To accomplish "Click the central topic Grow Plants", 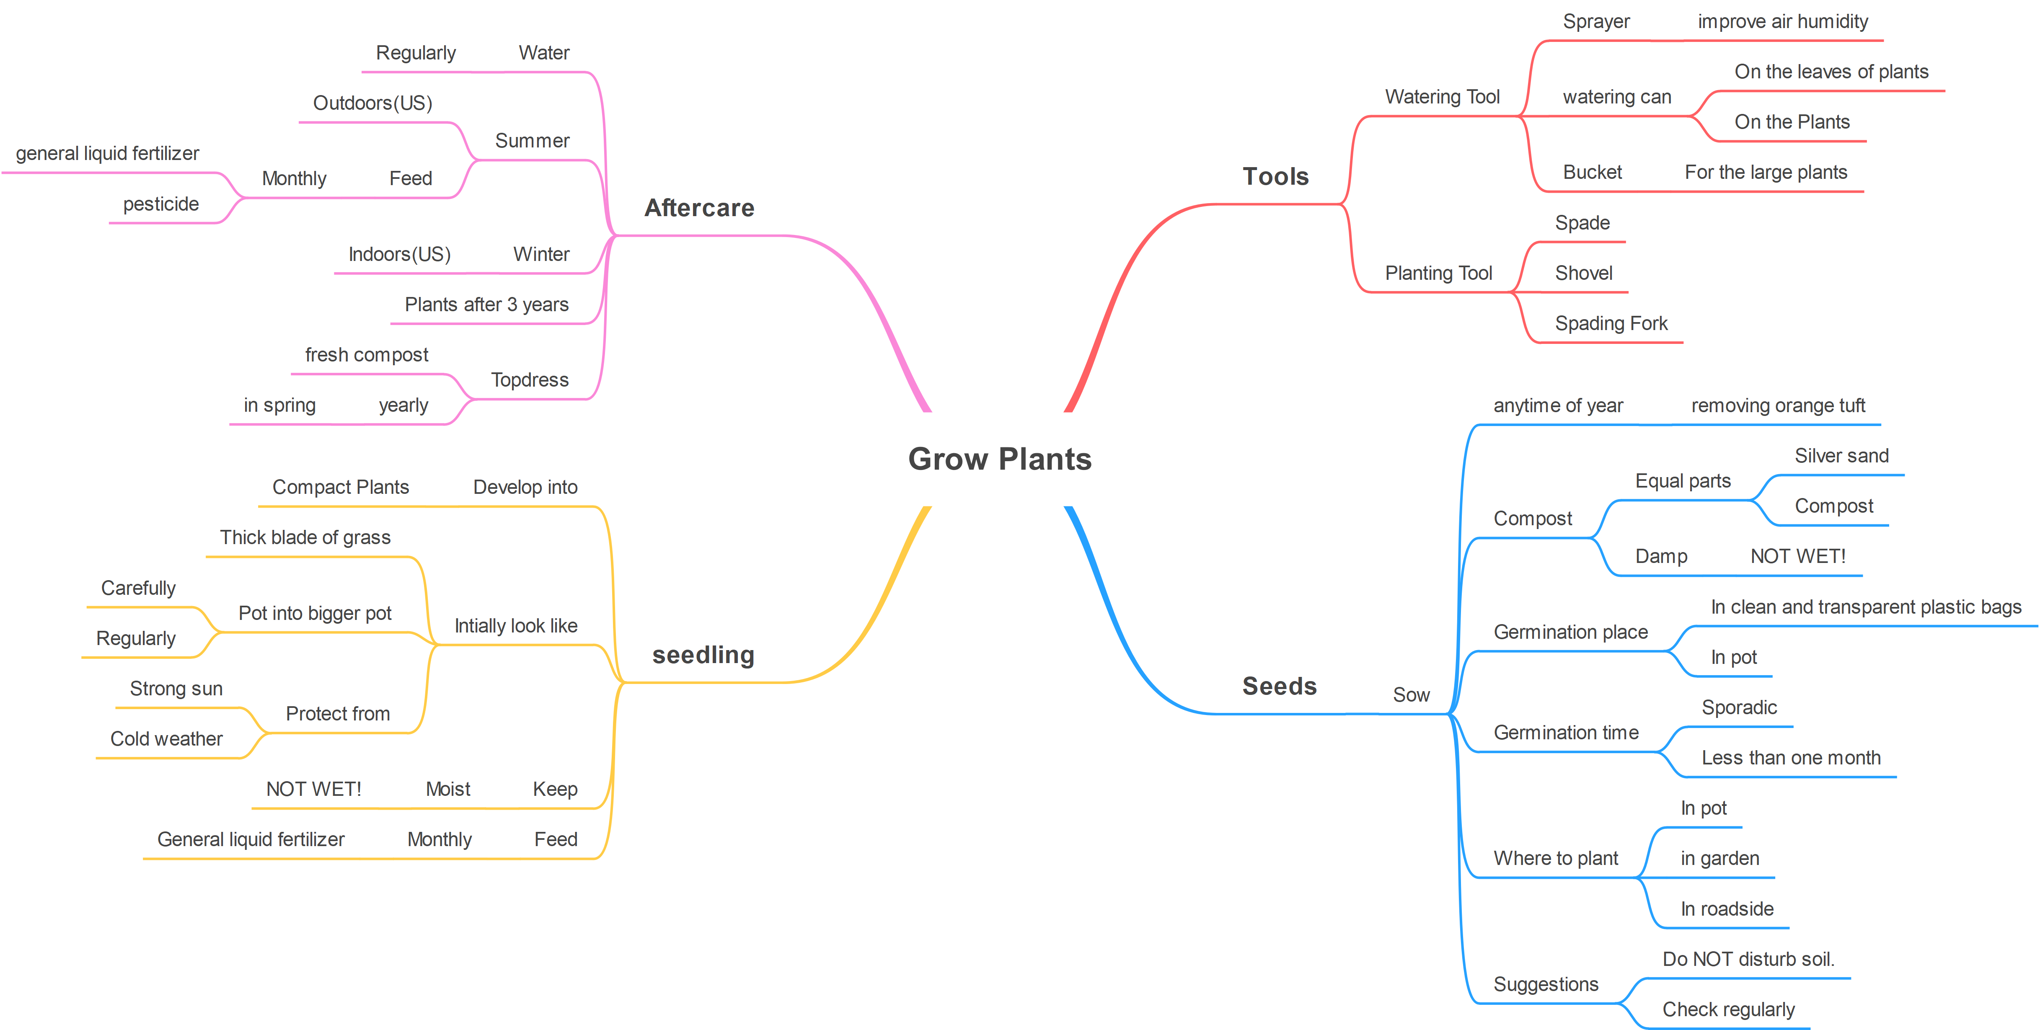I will pos(999,459).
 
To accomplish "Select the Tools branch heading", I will pos(1275,176).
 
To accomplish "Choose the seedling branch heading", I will pos(703,655).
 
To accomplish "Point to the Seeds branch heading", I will pos(1279,686).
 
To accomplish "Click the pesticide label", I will pos(161,204).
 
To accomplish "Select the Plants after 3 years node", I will pos(486,305).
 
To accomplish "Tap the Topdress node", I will pos(529,380).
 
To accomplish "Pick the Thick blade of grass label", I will pos(305,537).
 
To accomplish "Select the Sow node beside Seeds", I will pos(1411,695).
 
